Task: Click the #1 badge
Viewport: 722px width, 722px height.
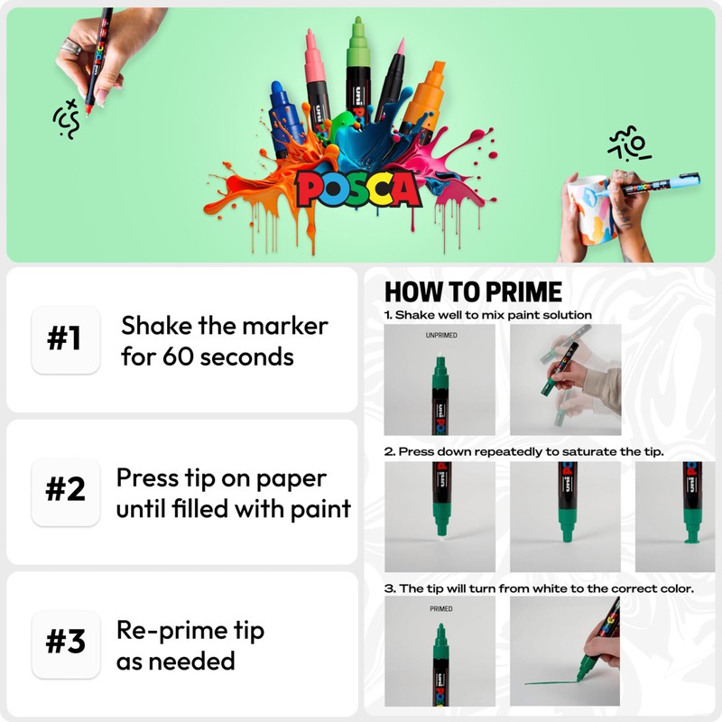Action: (x=64, y=339)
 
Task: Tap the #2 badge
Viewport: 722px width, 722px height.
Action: (x=64, y=491)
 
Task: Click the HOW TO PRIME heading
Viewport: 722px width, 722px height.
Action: (x=473, y=292)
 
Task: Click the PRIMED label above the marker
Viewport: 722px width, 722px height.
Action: (x=440, y=609)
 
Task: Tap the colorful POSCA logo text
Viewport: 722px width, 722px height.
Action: (x=357, y=188)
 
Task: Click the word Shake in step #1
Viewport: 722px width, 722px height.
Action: (x=154, y=325)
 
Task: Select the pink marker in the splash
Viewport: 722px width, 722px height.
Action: (x=317, y=77)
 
